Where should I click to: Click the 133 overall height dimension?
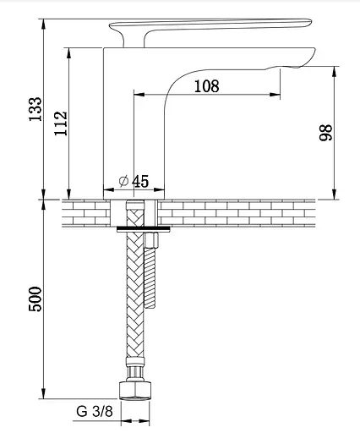point(35,109)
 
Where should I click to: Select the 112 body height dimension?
point(61,123)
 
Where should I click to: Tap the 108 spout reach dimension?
point(207,86)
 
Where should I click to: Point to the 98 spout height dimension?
point(326,133)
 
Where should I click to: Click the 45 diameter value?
point(140,181)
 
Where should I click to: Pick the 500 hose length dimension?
point(35,299)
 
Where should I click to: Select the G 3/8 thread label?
point(95,411)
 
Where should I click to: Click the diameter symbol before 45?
point(123,181)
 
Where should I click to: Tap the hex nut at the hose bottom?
point(135,390)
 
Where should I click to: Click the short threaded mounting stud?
point(150,277)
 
